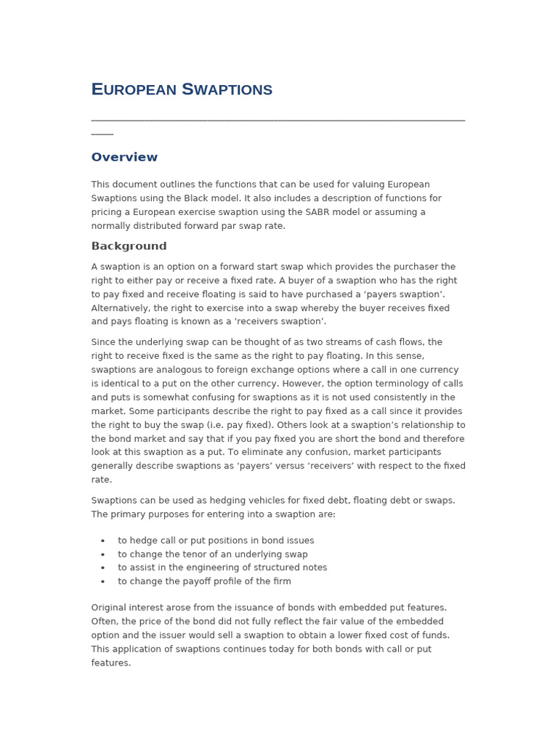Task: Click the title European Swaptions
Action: [182, 90]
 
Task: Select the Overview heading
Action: [124, 158]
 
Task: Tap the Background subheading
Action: [129, 246]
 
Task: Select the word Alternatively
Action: [120, 308]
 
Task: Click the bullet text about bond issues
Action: [216, 541]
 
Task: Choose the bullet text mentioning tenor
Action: [213, 554]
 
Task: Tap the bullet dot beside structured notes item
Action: [102, 568]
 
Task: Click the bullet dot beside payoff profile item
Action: [102, 582]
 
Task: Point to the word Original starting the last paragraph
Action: [110, 607]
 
